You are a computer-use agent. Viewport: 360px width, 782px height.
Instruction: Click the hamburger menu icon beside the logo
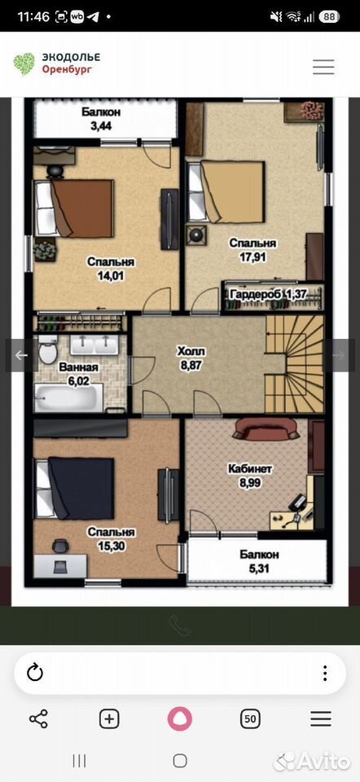[323, 66]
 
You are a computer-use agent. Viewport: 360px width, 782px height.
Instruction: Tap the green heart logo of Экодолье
[24, 64]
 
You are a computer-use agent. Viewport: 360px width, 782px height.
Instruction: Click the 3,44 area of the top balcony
[101, 125]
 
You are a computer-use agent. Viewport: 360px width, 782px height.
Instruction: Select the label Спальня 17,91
[252, 250]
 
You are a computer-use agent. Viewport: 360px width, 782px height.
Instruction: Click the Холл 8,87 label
[191, 358]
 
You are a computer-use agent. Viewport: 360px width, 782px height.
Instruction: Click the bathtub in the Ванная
[68, 398]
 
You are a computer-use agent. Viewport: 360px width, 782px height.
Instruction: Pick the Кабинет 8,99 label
[250, 476]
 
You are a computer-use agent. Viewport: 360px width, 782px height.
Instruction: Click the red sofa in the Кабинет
[266, 429]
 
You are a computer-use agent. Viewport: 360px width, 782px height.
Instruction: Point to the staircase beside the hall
[294, 364]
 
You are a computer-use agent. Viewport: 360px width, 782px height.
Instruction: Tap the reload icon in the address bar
[35, 673]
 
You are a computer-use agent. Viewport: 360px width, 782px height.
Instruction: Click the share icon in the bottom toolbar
[38, 718]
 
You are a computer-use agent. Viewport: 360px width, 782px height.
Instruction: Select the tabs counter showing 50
[251, 718]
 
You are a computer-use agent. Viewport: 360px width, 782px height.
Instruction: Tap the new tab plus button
[109, 718]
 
